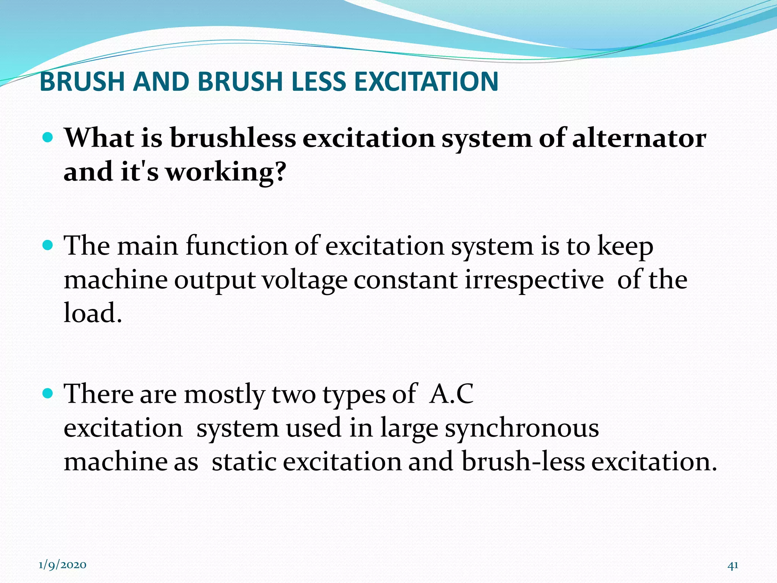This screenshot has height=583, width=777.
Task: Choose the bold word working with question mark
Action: click(226, 172)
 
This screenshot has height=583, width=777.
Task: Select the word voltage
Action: click(305, 280)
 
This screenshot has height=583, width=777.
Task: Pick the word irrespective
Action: click(534, 280)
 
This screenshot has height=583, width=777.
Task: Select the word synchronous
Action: click(522, 428)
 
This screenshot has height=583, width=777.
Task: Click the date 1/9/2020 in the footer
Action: click(62, 565)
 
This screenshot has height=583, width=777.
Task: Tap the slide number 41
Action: click(733, 565)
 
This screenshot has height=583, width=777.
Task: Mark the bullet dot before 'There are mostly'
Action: click(47, 393)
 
